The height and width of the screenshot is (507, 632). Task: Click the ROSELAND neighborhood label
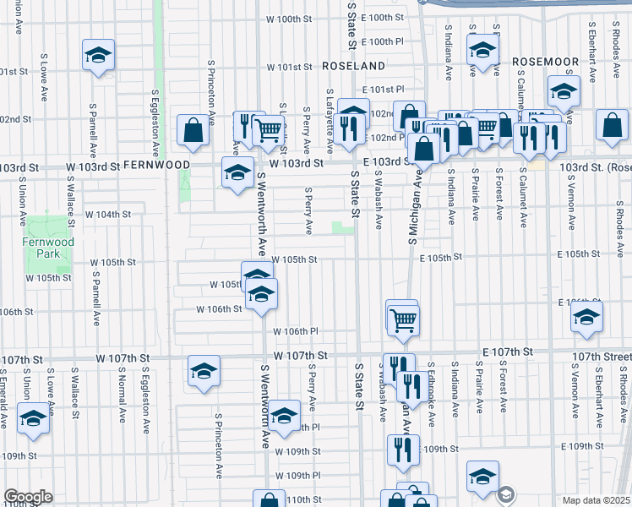[x=352, y=65]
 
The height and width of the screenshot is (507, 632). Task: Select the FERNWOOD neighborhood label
[x=156, y=165]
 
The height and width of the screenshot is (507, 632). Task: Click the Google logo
[x=28, y=497]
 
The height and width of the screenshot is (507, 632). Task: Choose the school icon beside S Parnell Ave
[x=99, y=57]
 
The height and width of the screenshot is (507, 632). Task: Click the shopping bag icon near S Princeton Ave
[x=193, y=131]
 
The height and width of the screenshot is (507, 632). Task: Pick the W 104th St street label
[x=107, y=215]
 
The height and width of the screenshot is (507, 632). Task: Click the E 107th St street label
[x=507, y=352]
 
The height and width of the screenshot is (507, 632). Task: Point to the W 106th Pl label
[x=295, y=331]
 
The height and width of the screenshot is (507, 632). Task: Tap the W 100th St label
[x=290, y=19]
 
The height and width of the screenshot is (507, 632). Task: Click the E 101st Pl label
[x=383, y=89]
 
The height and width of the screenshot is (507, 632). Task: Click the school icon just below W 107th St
[x=204, y=372]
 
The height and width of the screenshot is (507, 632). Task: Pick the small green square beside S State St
[x=342, y=226]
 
